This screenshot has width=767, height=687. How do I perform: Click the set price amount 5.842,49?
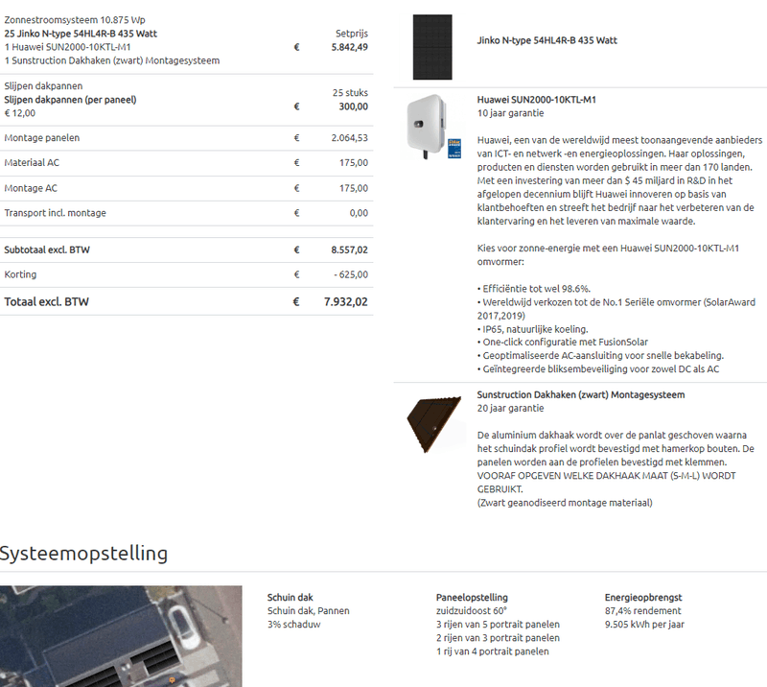click(349, 46)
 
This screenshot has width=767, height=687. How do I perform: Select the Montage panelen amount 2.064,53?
click(349, 138)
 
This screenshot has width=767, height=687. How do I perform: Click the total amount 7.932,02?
click(345, 301)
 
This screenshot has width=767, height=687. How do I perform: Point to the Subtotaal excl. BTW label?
click(40, 249)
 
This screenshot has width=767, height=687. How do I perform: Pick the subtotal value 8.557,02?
click(349, 249)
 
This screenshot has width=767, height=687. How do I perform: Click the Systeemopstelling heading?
click(84, 554)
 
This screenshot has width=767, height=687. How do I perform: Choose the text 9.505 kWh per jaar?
click(643, 625)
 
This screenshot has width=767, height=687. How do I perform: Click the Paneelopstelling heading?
click(472, 598)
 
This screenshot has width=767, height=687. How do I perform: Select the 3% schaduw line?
click(294, 625)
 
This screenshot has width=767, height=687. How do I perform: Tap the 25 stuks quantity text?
click(350, 93)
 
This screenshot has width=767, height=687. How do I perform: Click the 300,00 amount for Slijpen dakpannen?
click(352, 107)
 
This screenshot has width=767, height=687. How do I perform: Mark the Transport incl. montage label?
click(56, 213)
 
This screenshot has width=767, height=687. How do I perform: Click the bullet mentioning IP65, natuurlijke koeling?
click(533, 329)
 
